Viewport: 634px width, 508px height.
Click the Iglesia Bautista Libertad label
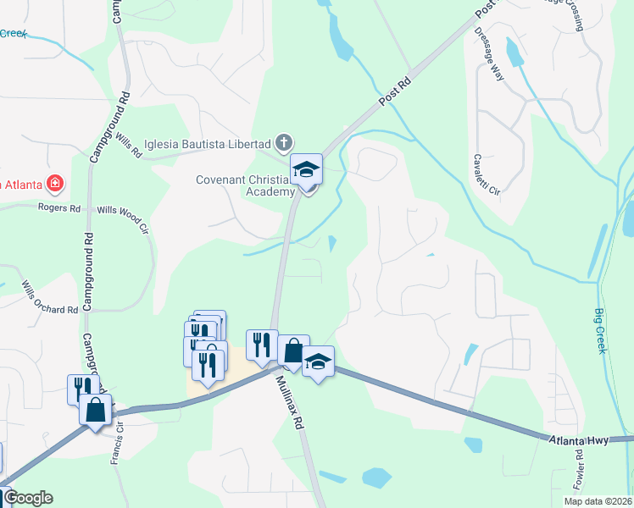point(208,142)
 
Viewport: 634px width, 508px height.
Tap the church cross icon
point(285,142)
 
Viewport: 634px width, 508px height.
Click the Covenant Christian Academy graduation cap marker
point(307,171)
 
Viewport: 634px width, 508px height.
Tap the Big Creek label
point(599,331)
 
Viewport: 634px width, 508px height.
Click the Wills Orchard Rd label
point(50,297)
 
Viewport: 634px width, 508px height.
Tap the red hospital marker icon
point(55,182)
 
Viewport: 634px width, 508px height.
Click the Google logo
point(28,498)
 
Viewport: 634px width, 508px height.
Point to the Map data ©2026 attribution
point(598,501)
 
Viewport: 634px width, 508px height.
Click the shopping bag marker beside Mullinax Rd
point(293,351)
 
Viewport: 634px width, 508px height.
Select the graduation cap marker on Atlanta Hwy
point(318,362)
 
